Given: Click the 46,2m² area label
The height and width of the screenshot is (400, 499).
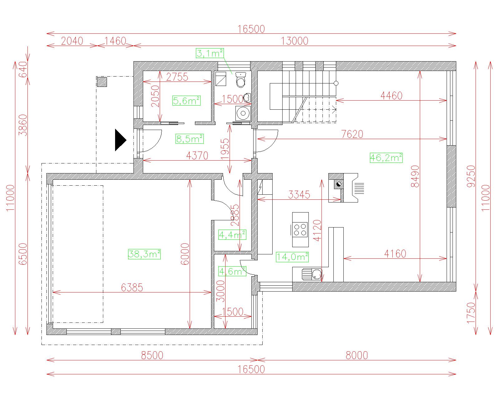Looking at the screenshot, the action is pyautogui.click(x=386, y=158).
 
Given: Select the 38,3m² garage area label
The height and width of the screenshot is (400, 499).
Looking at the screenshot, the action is pyautogui.click(x=144, y=254).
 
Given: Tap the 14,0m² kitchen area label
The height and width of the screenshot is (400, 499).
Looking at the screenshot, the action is pyautogui.click(x=292, y=257).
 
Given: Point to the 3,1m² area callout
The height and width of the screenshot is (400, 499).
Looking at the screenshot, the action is pyautogui.click(x=210, y=53).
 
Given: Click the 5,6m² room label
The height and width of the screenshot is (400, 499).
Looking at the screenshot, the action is pyautogui.click(x=187, y=101).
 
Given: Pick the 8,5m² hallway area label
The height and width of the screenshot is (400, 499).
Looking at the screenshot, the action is pyautogui.click(x=189, y=139).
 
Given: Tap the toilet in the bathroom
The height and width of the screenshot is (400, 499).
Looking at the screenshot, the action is pyautogui.click(x=240, y=79).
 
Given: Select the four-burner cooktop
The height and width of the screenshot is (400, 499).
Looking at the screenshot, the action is pyautogui.click(x=300, y=229).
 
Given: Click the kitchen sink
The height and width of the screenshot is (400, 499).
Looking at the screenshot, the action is pyautogui.click(x=312, y=274).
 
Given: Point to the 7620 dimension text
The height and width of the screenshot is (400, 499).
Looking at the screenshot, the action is pyautogui.click(x=352, y=134).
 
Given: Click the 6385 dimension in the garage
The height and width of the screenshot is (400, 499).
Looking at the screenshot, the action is pyautogui.click(x=132, y=287).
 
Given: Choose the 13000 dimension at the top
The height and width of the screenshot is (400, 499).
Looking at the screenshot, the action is pyautogui.click(x=294, y=41).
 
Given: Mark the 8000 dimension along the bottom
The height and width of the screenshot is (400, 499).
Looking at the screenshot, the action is pyautogui.click(x=356, y=355).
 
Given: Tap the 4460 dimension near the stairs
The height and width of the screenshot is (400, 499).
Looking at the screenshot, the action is pyautogui.click(x=391, y=96).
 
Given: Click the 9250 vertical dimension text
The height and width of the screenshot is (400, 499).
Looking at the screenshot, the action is pyautogui.click(x=471, y=176).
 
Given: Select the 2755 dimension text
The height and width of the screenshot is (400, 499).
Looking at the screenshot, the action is pyautogui.click(x=177, y=77).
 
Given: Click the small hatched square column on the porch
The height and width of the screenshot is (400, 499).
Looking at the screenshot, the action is pyautogui.click(x=102, y=82).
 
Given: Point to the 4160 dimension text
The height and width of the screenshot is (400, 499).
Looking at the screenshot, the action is pyautogui.click(x=395, y=253).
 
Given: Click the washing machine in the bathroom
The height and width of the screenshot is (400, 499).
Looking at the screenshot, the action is pyautogui.click(x=243, y=113).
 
